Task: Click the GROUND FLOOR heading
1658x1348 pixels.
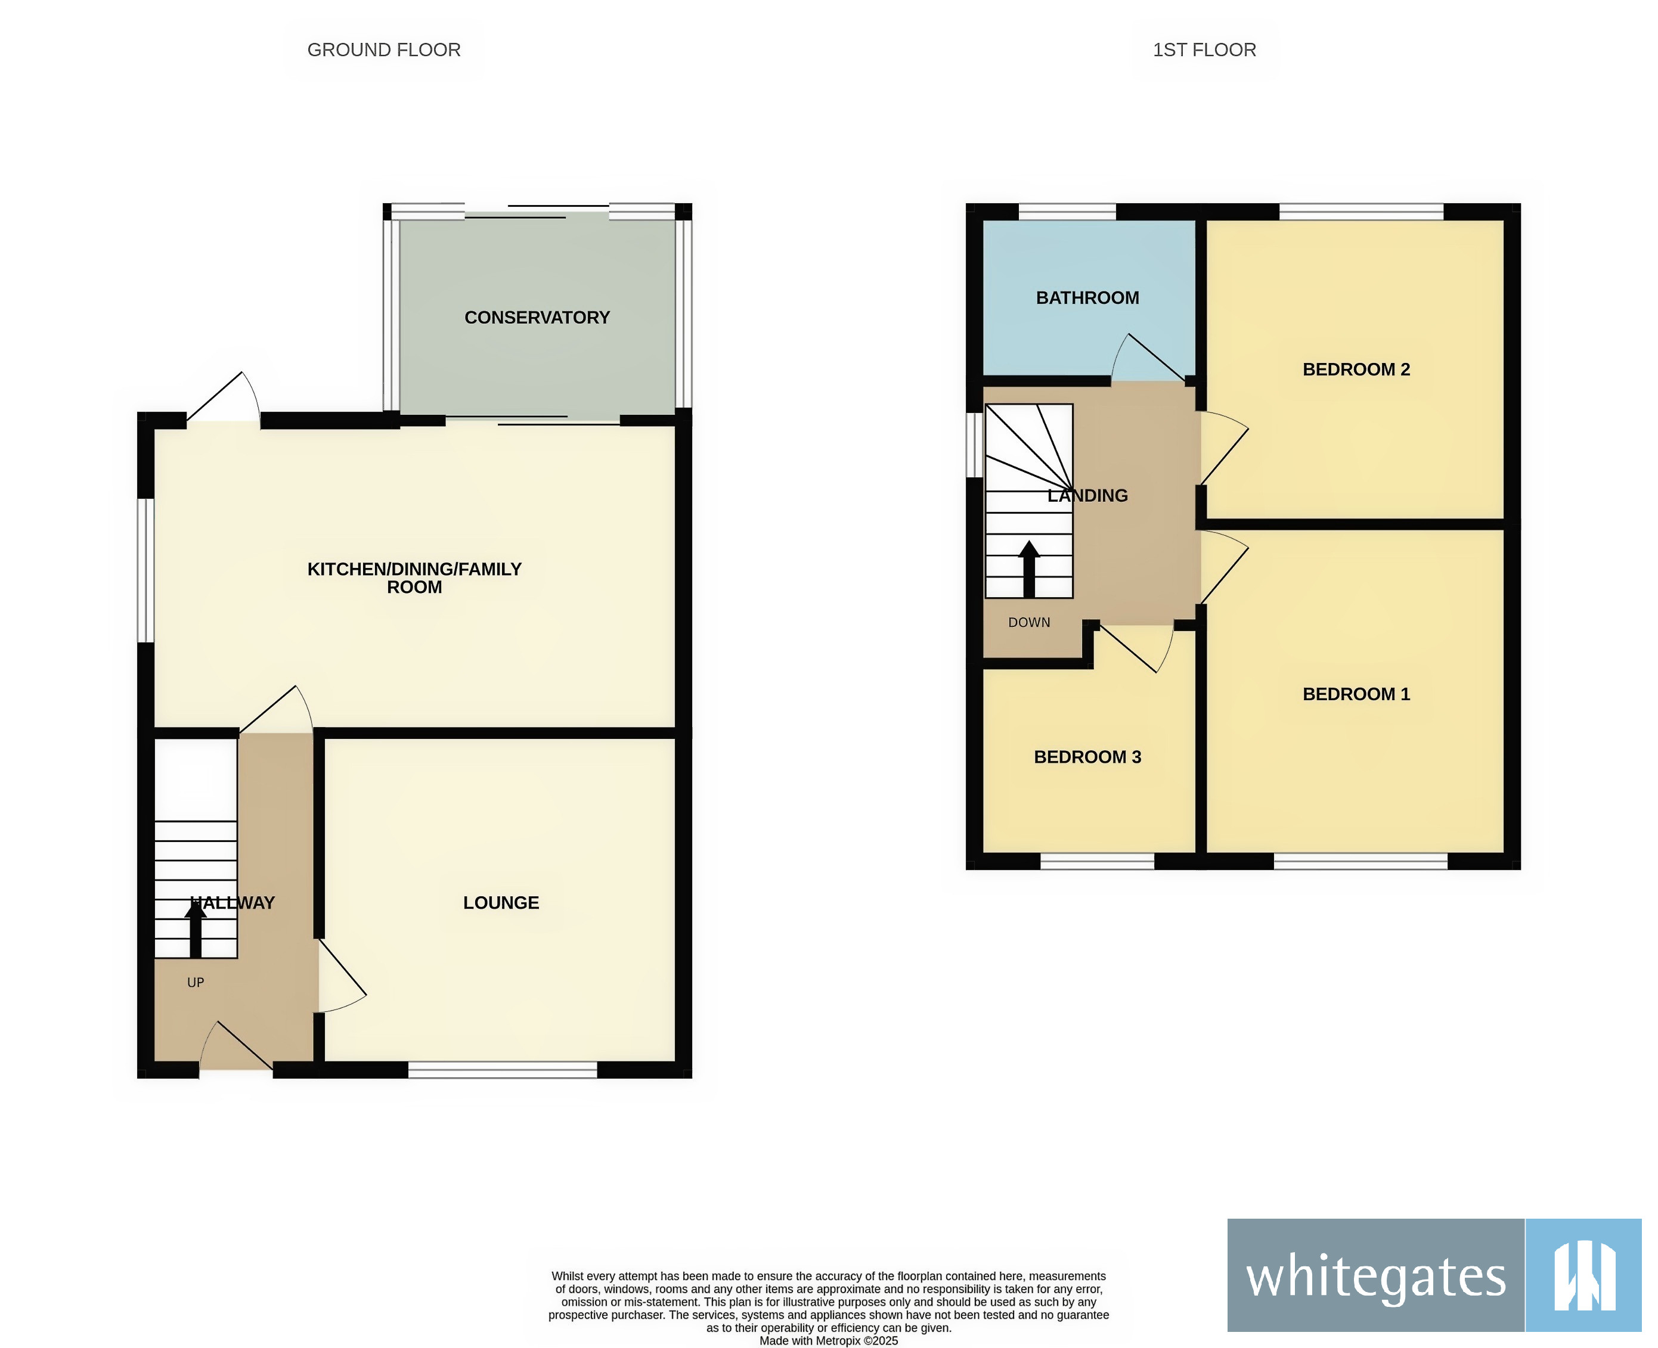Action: (384, 49)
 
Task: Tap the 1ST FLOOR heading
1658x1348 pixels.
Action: (1204, 49)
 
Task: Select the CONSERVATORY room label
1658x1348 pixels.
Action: (537, 318)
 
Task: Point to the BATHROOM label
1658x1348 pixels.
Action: (1087, 297)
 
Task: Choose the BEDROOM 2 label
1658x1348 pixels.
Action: (1356, 369)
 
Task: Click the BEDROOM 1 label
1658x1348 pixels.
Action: (1356, 694)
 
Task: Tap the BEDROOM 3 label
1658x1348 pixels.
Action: (1087, 757)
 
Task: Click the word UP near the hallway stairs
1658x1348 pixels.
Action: (196, 982)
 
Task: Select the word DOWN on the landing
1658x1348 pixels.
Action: (1028, 623)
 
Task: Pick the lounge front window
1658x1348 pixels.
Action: (503, 1070)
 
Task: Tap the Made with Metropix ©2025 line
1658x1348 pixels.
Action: (828, 1340)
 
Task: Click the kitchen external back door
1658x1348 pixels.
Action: (224, 397)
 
